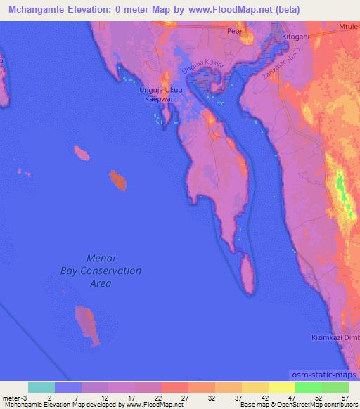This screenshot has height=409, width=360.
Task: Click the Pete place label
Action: click(234, 31)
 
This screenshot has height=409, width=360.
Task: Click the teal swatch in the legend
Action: click(41, 387)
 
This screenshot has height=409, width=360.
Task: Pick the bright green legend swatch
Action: click(309, 387)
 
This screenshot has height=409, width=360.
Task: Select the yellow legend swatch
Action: click(282, 387)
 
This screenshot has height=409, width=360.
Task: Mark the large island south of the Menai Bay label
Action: click(86, 324)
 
